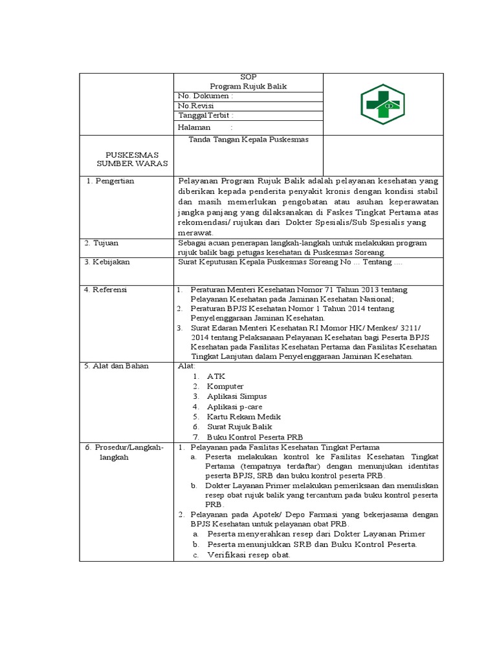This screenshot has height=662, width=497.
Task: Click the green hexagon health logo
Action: tap(382, 105)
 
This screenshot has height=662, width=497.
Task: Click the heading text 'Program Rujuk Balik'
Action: tap(248, 86)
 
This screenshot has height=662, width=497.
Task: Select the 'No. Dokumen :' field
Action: tap(205, 96)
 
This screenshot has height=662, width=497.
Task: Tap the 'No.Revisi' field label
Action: tap(196, 105)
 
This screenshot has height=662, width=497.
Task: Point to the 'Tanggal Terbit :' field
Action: tap(205, 115)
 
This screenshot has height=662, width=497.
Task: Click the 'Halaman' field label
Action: tap(194, 128)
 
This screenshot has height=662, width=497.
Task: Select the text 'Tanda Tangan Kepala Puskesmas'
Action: tap(248, 140)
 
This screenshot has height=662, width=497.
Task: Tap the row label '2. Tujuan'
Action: tap(102, 243)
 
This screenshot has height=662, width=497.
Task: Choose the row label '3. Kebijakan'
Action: tap(107, 262)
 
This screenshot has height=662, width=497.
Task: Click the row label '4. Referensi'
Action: tap(105, 290)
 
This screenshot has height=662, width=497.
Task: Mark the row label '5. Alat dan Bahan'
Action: tap(116, 366)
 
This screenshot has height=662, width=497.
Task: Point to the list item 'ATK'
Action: tap(216, 376)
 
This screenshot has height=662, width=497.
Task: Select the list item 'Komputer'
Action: tap(225, 386)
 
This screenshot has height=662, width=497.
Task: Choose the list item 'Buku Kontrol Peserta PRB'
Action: tap(255, 437)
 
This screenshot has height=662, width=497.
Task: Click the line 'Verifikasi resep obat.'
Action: tap(248, 555)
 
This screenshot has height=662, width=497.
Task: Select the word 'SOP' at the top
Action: tap(248, 77)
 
